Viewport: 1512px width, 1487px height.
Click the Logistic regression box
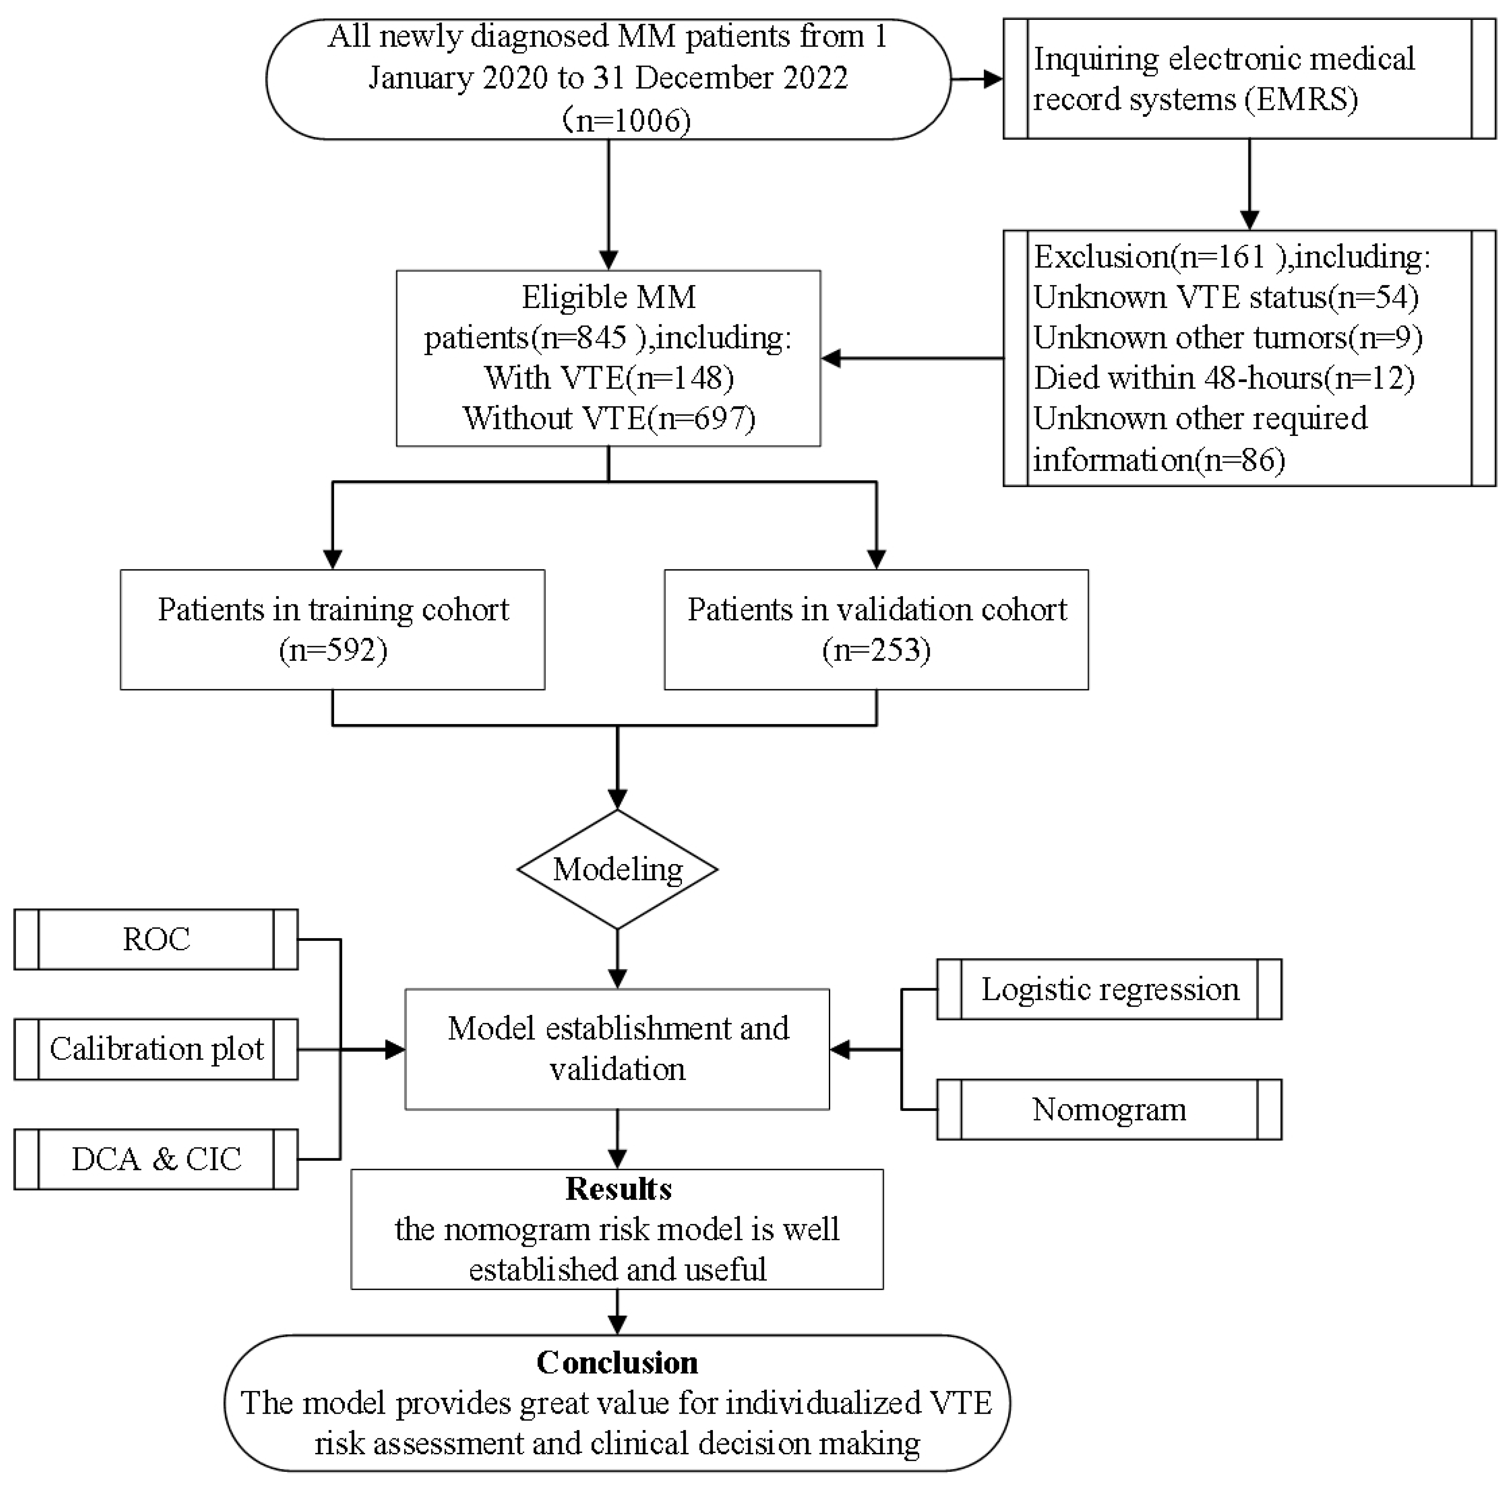pyautogui.click(x=1109, y=989)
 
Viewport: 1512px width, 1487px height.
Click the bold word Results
pyautogui.click(x=617, y=1188)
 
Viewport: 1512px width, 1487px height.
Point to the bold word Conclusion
pyautogui.click(x=617, y=1363)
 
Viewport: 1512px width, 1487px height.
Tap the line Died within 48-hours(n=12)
pyautogui.click(x=1224, y=378)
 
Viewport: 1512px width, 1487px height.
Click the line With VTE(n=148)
pyautogui.click(x=609, y=378)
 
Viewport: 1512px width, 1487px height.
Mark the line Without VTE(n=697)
pyautogui.click(x=609, y=419)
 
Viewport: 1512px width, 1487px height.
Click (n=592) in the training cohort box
pyautogui.click(x=333, y=650)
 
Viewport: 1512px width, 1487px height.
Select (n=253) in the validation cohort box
pyautogui.click(x=876, y=650)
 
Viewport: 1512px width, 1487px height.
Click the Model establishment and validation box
pyautogui.click(x=617, y=1049)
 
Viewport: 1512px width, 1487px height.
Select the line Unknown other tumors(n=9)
pyautogui.click(x=1227, y=337)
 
